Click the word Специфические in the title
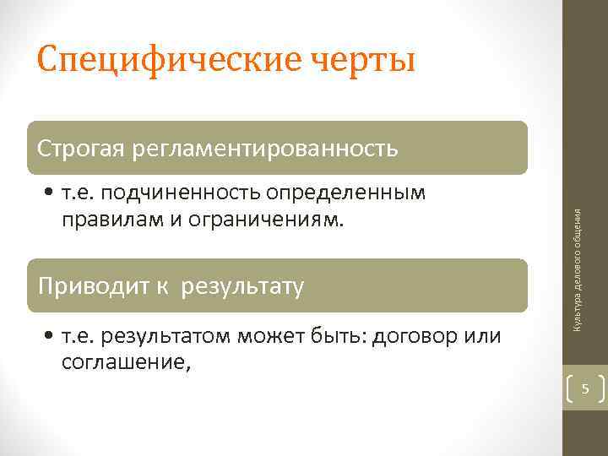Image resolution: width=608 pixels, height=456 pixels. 160,61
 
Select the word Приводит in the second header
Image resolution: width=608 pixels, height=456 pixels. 85,287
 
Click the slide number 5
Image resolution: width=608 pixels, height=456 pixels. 584,389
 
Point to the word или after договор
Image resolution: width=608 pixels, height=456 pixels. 483,337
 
